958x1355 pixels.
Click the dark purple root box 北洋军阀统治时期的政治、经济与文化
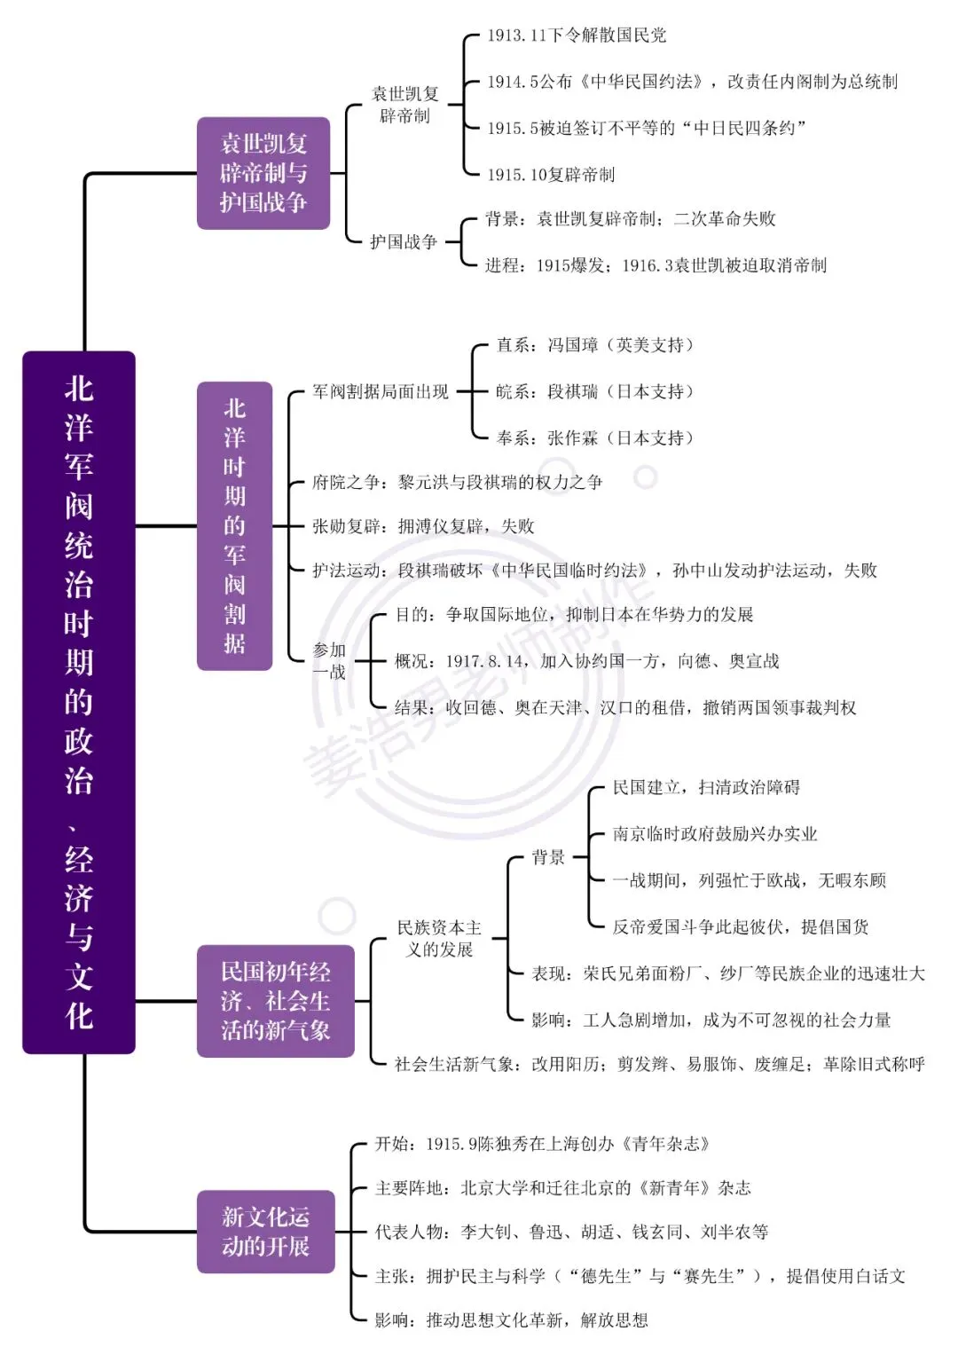tap(79, 702)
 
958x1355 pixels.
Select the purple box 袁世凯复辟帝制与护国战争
tap(263, 173)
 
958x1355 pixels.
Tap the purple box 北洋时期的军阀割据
tap(235, 525)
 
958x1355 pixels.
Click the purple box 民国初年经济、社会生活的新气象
tap(276, 1001)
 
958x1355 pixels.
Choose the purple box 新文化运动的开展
tap(266, 1232)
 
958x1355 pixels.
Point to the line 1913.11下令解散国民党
tap(577, 35)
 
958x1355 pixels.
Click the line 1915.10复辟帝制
tap(551, 175)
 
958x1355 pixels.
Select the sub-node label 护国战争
tap(404, 242)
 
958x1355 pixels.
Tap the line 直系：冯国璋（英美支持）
tap(595, 345)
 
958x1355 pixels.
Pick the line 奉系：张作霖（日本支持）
tap(595, 437)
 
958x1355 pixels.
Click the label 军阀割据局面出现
tap(381, 391)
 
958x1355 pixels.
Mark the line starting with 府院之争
tap(457, 482)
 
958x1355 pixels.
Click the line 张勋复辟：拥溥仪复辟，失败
tap(423, 525)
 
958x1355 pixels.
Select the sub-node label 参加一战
tap(329, 660)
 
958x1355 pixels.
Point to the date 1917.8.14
tap(485, 661)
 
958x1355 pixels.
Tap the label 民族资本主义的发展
tap(439, 938)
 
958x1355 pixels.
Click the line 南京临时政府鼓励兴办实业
tap(715, 833)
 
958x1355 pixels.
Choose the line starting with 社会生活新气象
tap(660, 1063)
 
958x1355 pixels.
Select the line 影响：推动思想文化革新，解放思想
tap(512, 1320)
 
